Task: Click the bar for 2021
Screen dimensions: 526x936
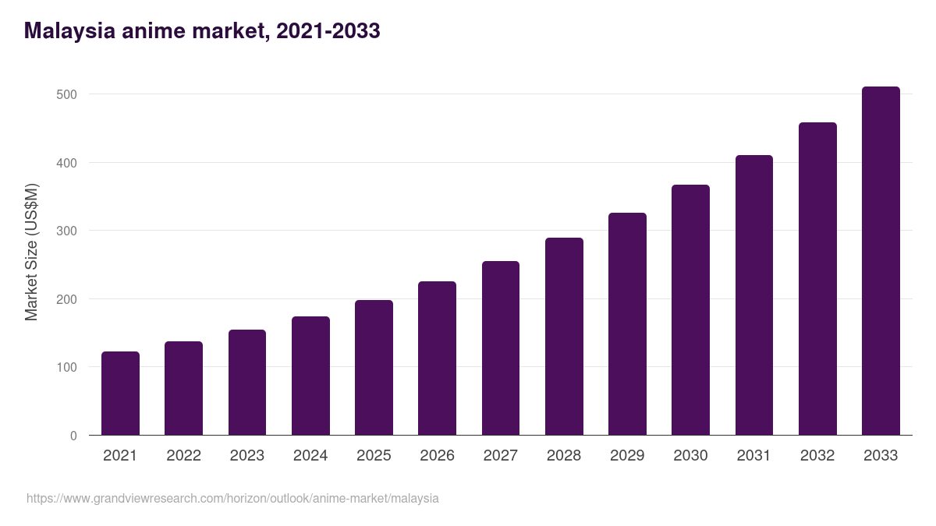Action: [120, 394]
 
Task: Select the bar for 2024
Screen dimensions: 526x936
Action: [310, 376]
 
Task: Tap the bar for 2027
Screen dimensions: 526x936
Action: [501, 348]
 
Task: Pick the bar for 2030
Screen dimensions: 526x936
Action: [690, 310]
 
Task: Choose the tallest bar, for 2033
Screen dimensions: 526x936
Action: [881, 261]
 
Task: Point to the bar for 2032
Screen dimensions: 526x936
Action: [817, 279]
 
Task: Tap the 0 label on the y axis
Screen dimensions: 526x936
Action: [73, 436]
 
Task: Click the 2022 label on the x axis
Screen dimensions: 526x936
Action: [183, 456]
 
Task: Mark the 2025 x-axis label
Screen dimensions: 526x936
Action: [374, 456]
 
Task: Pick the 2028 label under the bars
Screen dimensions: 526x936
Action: [564, 456]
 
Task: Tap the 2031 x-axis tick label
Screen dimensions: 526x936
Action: [754, 456]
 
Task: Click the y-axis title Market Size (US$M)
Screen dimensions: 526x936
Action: [31, 252]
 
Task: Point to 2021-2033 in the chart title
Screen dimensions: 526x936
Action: [328, 31]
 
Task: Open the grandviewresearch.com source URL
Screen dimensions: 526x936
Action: [232, 499]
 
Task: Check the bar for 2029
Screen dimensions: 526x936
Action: [627, 324]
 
